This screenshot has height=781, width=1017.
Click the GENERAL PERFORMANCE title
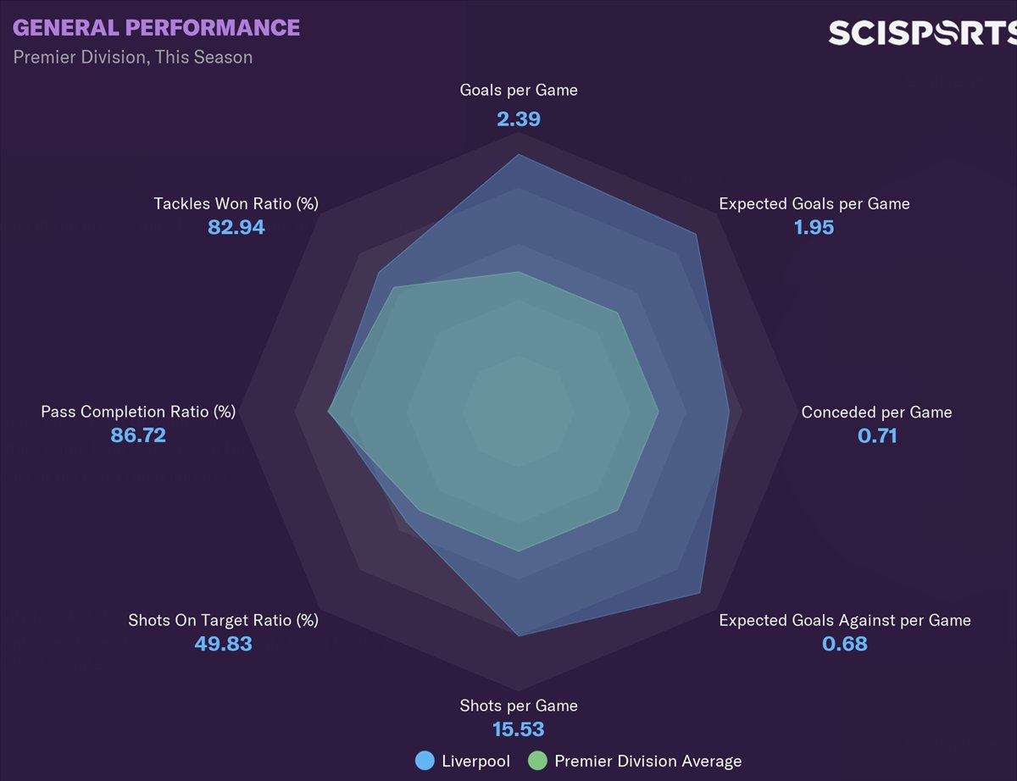click(156, 28)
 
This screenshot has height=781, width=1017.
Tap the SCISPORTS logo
click(921, 33)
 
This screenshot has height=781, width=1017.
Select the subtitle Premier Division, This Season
click(132, 58)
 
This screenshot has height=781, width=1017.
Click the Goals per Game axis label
click(519, 90)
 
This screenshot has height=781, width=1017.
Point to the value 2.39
click(519, 119)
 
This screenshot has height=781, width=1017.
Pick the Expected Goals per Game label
click(814, 203)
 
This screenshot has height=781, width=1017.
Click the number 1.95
click(814, 227)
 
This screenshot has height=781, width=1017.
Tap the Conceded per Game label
click(876, 413)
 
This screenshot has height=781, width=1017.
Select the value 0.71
click(876, 436)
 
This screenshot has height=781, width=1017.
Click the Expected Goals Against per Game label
click(844, 620)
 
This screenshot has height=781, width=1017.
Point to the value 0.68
click(844, 644)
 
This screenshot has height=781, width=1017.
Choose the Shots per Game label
click(519, 706)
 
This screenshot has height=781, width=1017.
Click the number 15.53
click(519, 729)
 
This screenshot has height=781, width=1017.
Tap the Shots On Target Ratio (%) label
click(223, 620)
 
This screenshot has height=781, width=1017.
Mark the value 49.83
click(223, 644)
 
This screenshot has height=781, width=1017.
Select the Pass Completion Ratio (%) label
click(138, 412)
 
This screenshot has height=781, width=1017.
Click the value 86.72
click(138, 436)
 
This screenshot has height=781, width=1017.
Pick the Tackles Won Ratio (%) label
click(236, 203)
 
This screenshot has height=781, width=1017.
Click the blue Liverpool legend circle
click(425, 761)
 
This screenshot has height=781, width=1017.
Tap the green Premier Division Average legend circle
click(537, 761)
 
